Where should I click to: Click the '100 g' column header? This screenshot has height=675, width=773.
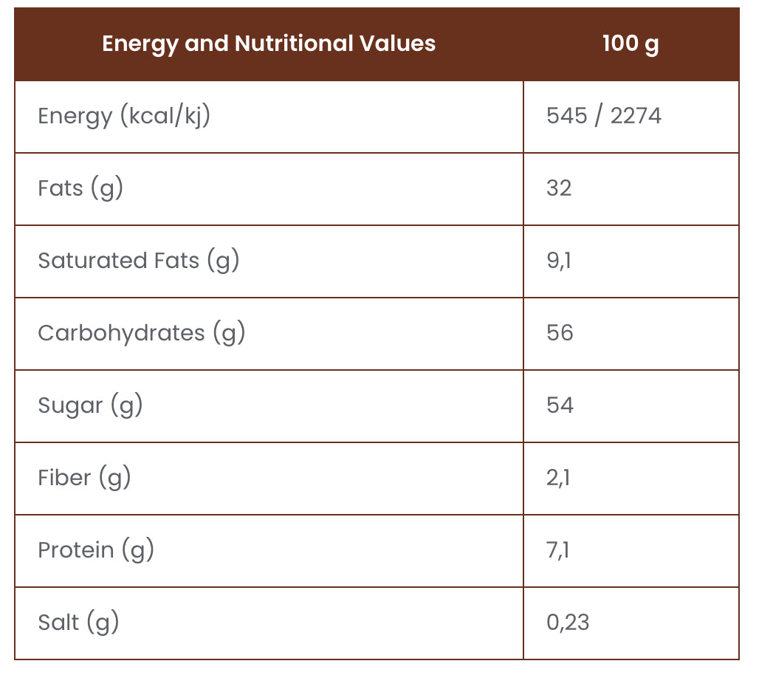630,44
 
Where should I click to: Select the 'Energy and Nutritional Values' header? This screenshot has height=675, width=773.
269,44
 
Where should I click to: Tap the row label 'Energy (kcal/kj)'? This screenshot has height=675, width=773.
124,116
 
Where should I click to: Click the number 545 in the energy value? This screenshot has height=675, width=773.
566,116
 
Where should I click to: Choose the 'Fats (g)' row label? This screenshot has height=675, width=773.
80,188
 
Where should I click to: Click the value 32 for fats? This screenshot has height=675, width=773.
559,188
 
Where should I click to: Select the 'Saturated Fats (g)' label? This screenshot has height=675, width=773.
139,261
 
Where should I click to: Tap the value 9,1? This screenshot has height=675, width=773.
558,261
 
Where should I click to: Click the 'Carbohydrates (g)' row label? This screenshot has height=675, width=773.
141,333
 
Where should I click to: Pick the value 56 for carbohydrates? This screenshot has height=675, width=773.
560,333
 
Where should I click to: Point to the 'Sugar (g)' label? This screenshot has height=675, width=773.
90,405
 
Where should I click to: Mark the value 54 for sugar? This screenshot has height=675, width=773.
560,405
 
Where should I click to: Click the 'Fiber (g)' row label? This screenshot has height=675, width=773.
84,478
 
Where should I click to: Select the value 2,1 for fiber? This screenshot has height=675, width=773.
558,478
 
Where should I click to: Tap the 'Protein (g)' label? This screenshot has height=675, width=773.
95,550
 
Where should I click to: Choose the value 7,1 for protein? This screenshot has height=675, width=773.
558,550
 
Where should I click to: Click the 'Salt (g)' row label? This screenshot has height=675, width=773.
78,623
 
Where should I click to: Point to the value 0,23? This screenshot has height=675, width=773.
568,623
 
